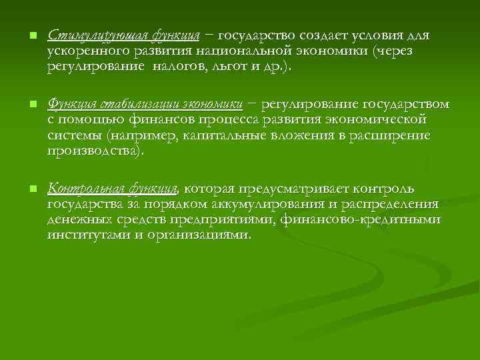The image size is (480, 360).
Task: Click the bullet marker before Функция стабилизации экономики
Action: [x=24, y=105]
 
